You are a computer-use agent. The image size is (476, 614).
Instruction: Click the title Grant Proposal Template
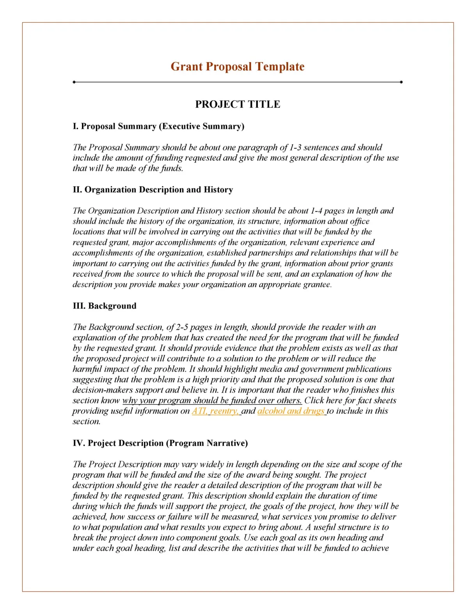[x=237, y=66]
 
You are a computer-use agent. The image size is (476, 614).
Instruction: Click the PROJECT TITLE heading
[x=237, y=104]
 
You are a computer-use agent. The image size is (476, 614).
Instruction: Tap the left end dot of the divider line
[x=74, y=82]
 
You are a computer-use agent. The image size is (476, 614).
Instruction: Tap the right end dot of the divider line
[x=401, y=82]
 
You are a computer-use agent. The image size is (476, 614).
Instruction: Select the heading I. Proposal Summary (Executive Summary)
[x=158, y=126]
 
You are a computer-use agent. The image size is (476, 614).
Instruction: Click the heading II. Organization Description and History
[x=153, y=189]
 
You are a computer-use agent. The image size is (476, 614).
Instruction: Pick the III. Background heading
[x=105, y=306]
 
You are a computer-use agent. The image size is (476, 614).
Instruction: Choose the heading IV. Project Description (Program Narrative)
[x=160, y=443]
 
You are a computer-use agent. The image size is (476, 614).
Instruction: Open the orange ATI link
[x=199, y=411]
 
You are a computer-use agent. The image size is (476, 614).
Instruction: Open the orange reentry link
[x=224, y=411]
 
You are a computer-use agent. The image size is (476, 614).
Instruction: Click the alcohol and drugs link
[x=291, y=411]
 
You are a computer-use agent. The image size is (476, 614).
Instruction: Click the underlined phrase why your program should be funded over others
[x=212, y=400]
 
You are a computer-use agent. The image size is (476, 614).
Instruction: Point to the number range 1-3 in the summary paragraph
[x=295, y=148]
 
